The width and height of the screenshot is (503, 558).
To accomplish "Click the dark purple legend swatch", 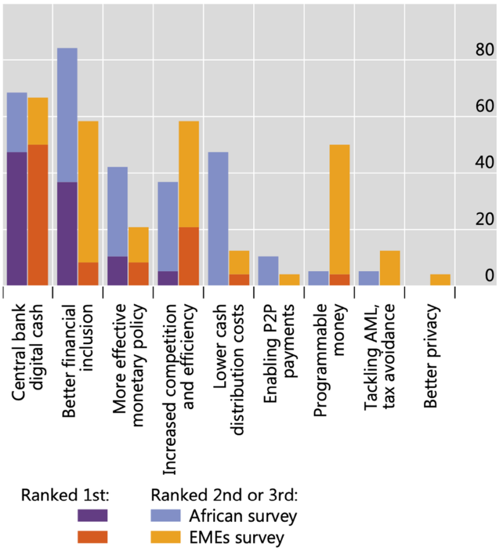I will [x=92, y=515].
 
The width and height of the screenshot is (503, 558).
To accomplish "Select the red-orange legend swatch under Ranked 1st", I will [x=92, y=537].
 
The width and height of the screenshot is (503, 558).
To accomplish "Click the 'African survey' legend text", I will [x=243, y=515].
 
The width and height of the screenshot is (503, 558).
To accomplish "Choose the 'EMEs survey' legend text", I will [x=237, y=537].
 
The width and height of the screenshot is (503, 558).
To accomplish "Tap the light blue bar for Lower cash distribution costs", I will [x=218, y=219].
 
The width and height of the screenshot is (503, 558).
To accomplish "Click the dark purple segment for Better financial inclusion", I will [x=67, y=234].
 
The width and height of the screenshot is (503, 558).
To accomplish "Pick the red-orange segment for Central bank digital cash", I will [x=38, y=215].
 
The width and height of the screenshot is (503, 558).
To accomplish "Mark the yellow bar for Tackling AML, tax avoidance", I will [x=390, y=268].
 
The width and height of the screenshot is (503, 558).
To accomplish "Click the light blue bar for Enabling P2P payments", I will [x=268, y=271].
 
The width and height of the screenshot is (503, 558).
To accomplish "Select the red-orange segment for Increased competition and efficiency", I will [x=189, y=257].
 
